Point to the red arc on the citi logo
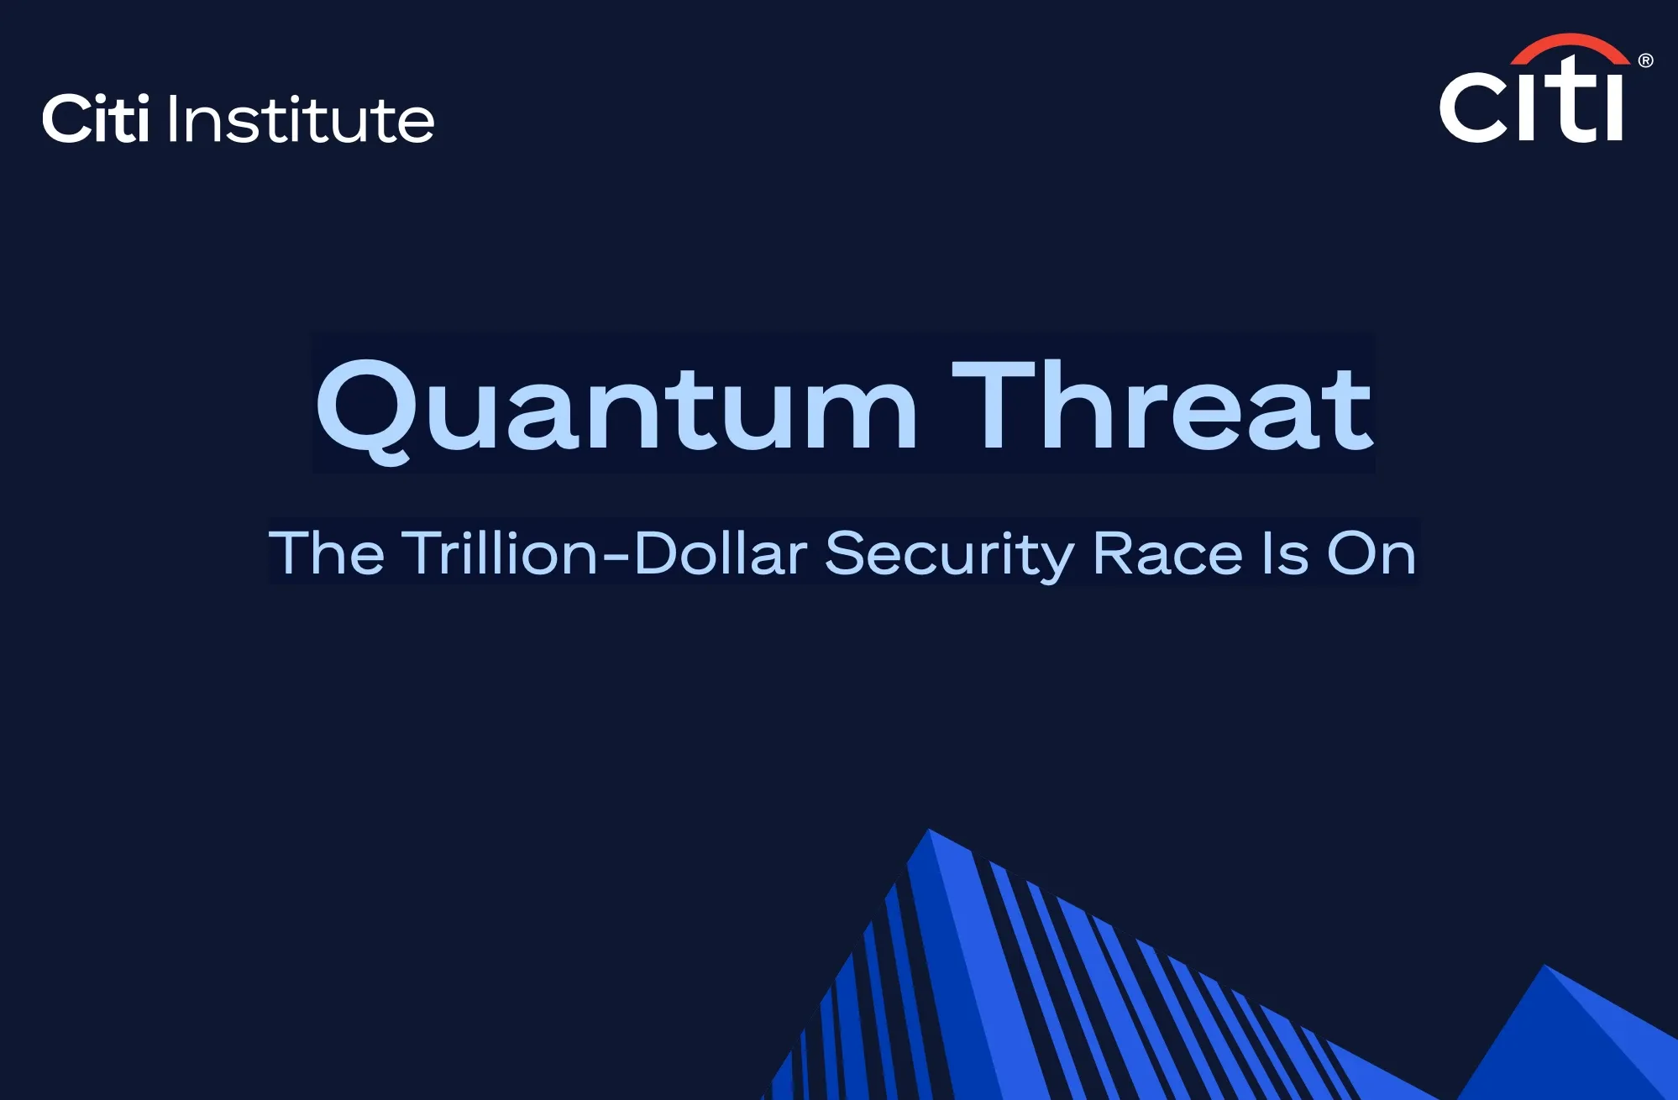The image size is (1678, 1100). pyautogui.click(x=1570, y=48)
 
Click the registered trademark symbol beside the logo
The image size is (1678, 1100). pyautogui.click(x=1645, y=60)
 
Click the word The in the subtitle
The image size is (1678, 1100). pyautogui.click(x=326, y=553)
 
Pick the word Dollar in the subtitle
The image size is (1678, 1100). pyautogui.click(x=721, y=553)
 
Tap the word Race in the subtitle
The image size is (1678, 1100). pyautogui.click(x=1167, y=553)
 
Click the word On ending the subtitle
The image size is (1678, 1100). pyautogui.click(x=1371, y=553)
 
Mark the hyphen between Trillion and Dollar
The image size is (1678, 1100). pyautogui.click(x=616, y=556)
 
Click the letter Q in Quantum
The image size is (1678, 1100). pyautogui.click(x=364, y=410)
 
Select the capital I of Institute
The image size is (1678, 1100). pyautogui.click(x=173, y=118)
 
